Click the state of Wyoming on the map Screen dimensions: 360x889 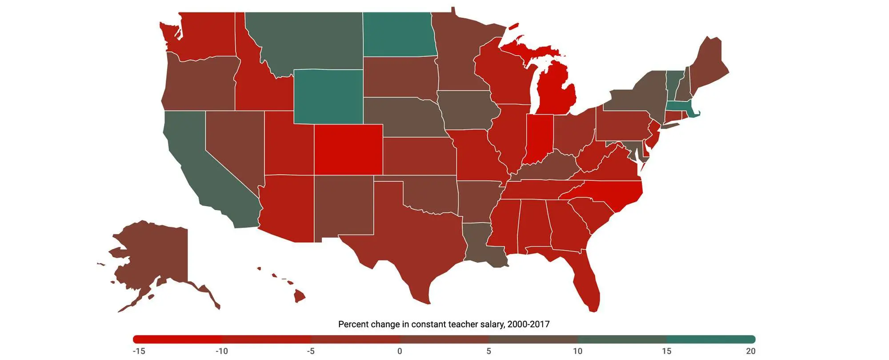[x=328, y=96]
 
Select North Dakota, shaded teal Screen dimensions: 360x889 [x=398, y=35]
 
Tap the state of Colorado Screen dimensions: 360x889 [x=348, y=150]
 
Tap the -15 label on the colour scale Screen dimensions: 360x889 [x=139, y=351]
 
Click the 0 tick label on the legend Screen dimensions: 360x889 [x=400, y=351]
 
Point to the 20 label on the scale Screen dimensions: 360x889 [x=750, y=351]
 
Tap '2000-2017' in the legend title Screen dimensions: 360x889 [x=528, y=324]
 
